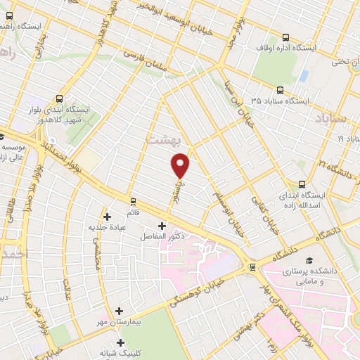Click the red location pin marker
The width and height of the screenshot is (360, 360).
(x=181, y=166)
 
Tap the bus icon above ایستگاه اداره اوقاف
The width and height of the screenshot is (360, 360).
(x=285, y=37)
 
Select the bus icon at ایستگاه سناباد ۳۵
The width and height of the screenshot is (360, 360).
(x=280, y=90)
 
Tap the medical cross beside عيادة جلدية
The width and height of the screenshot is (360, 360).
(x=107, y=217)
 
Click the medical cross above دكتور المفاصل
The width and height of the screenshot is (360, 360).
(x=162, y=226)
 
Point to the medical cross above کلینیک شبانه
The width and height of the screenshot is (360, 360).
(x=122, y=343)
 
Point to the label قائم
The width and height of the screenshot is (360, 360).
(x=132, y=211)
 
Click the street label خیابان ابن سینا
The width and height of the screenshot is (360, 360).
(x=236, y=101)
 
